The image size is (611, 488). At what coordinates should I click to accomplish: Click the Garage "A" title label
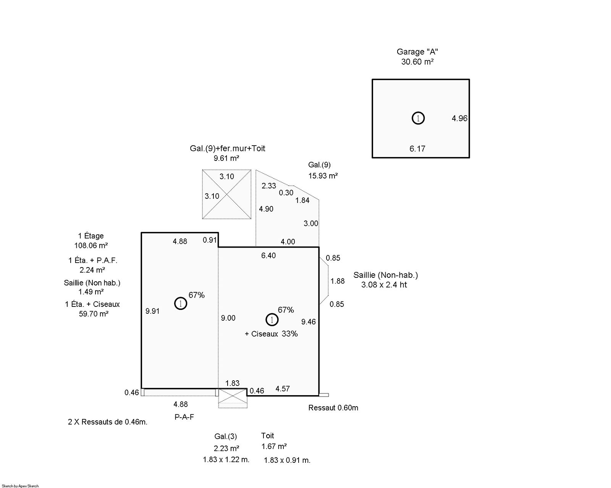tap(417, 52)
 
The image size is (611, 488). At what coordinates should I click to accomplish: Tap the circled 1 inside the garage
tap(418, 118)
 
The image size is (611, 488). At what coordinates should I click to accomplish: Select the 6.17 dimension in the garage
tap(417, 149)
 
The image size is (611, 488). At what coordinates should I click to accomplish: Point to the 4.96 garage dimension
tap(459, 118)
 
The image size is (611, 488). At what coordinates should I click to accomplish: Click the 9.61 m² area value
tap(226, 158)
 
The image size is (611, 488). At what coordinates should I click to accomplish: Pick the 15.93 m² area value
tap(323, 176)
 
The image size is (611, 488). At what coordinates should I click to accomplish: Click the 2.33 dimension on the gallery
tap(268, 186)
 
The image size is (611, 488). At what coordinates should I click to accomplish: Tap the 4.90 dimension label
tap(266, 209)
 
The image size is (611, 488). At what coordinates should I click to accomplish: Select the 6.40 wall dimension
tap(268, 256)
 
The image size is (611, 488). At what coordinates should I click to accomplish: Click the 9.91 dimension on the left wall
tap(152, 311)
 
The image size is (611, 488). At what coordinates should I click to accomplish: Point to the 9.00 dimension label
tap(228, 318)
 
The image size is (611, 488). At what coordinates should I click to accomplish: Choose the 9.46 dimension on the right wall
tap(308, 322)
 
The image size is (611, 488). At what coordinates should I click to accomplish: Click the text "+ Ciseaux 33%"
tap(271, 334)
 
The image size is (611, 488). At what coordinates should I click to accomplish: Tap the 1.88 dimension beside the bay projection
tap(337, 281)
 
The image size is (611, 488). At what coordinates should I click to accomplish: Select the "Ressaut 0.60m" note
tap(333, 408)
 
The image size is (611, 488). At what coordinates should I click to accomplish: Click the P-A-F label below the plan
tap(184, 417)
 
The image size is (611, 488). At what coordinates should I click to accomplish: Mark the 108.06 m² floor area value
tap(91, 246)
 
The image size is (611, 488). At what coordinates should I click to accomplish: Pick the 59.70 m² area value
tap(94, 314)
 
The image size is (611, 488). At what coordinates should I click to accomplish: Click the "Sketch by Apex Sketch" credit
tap(20, 486)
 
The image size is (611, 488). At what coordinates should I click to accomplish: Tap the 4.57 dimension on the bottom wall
tap(283, 389)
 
